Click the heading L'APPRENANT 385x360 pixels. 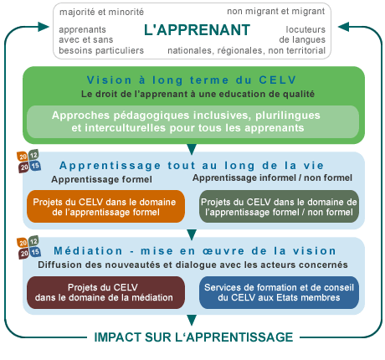(x=197, y=30)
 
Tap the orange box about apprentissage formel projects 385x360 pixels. (x=105, y=207)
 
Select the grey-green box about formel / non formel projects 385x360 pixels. (x=279, y=207)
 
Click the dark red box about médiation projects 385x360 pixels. (x=105, y=292)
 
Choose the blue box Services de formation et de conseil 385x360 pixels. (x=279, y=292)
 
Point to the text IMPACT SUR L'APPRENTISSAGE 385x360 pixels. (x=193, y=337)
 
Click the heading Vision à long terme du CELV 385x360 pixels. (x=192, y=80)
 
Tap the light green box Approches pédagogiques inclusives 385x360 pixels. (x=193, y=121)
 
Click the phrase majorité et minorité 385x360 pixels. (x=101, y=12)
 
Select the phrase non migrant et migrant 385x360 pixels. (x=276, y=12)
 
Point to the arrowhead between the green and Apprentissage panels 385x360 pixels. (x=192, y=149)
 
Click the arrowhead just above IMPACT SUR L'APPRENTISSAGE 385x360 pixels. (x=192, y=320)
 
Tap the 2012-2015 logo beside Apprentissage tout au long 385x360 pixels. (x=29, y=162)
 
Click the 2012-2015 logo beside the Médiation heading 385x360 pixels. (x=29, y=247)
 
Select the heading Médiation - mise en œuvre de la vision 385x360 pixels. (x=195, y=251)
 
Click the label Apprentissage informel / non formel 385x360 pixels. (x=272, y=177)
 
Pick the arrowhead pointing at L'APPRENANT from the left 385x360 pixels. (x=44, y=27)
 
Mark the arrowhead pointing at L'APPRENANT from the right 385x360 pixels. (x=343, y=27)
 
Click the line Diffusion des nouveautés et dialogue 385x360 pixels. (x=192, y=265)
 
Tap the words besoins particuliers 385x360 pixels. (x=101, y=50)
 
